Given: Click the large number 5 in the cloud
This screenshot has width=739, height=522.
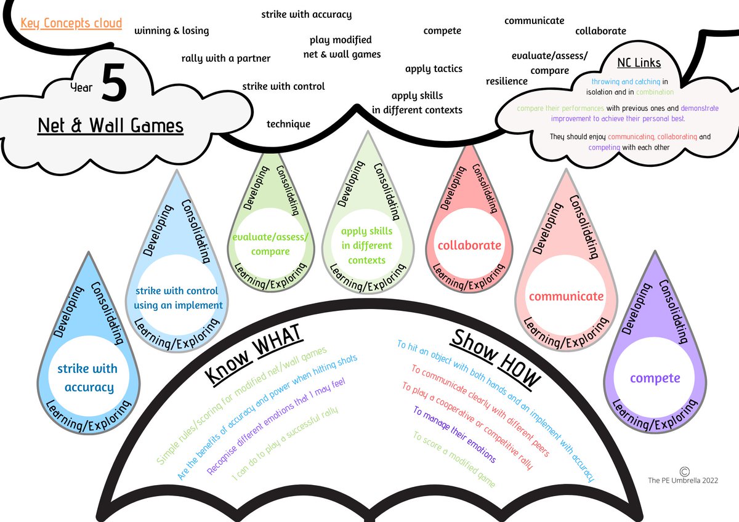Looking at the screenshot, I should (114, 82).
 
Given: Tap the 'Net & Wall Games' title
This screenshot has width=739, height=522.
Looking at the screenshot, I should (111, 126).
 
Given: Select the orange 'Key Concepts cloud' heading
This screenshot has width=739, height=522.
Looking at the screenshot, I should (71, 24).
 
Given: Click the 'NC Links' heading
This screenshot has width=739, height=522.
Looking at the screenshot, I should (639, 63).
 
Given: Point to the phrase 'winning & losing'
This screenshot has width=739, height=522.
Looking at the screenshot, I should (172, 31).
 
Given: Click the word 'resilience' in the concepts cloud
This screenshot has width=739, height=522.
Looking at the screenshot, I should (507, 81).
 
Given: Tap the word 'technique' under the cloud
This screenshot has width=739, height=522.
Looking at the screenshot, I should (288, 124).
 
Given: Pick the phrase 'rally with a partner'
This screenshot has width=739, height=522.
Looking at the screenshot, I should (226, 58).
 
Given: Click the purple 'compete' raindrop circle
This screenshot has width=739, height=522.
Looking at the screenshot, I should (655, 378).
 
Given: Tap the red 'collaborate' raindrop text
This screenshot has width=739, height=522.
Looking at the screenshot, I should (469, 245).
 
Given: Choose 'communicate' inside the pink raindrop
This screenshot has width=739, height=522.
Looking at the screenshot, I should (566, 296).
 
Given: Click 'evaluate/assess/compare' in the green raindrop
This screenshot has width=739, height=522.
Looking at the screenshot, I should (270, 244).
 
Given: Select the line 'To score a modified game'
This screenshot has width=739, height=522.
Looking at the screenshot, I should (454, 459).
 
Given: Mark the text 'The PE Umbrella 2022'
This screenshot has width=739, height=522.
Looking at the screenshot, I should (682, 480).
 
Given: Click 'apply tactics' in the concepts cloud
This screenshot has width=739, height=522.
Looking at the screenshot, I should (434, 69).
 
